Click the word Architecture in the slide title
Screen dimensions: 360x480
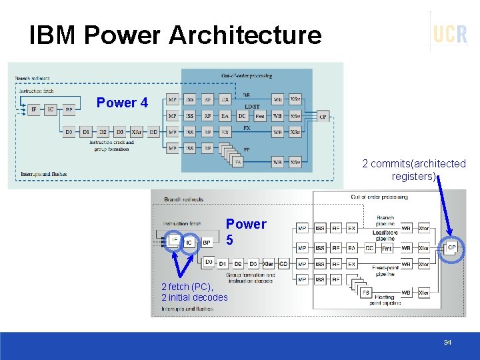245,35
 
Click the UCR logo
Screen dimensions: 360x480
450,33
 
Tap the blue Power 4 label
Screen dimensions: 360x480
122,103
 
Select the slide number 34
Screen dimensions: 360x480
447,342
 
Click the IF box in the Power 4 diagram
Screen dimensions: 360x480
34,109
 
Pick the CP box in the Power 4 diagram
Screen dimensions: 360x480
323,116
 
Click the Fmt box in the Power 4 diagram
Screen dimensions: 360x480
259,116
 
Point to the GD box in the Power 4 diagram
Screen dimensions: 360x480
153,132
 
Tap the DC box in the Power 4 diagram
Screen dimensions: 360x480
242,116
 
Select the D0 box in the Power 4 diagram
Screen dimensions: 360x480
69,132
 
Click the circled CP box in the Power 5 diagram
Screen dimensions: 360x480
451,248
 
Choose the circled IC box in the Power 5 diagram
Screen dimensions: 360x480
189,243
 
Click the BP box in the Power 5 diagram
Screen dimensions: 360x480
207,243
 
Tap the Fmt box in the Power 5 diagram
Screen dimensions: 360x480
387,248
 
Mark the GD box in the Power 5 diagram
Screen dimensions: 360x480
283,264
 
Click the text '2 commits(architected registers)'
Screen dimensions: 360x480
413,170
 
